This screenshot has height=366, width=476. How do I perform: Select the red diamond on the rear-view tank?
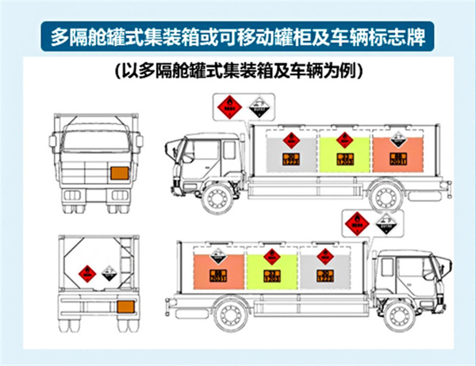[83, 276]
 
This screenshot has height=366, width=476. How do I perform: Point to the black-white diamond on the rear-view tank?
[108, 276]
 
